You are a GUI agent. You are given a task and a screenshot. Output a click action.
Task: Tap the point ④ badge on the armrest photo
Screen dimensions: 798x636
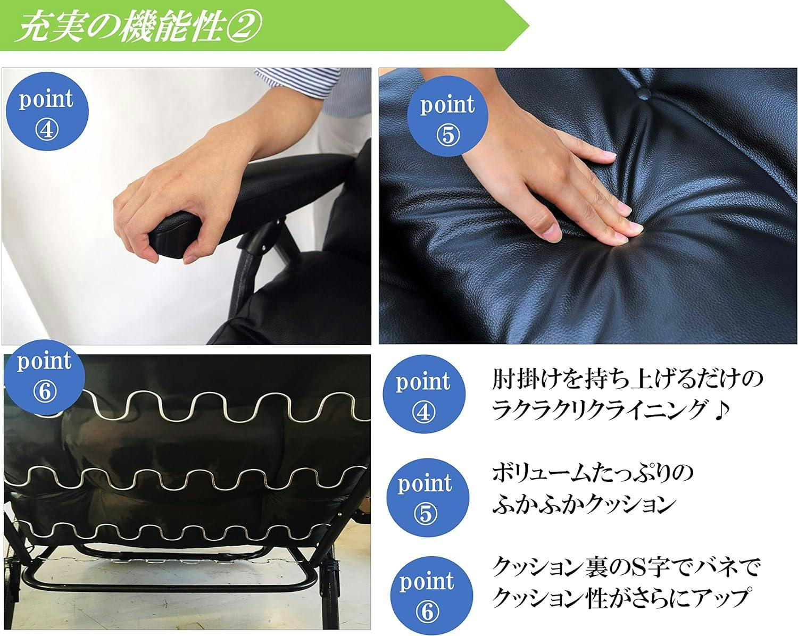[47, 111]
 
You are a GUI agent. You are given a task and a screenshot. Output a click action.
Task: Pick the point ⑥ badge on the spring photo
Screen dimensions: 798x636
[45, 377]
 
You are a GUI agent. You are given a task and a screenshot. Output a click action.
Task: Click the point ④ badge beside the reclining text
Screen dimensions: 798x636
[424, 394]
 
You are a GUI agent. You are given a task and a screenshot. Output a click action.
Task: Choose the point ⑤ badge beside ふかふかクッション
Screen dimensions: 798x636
[428, 498]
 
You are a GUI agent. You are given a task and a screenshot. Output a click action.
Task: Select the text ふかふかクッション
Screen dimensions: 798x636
[585, 504]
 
